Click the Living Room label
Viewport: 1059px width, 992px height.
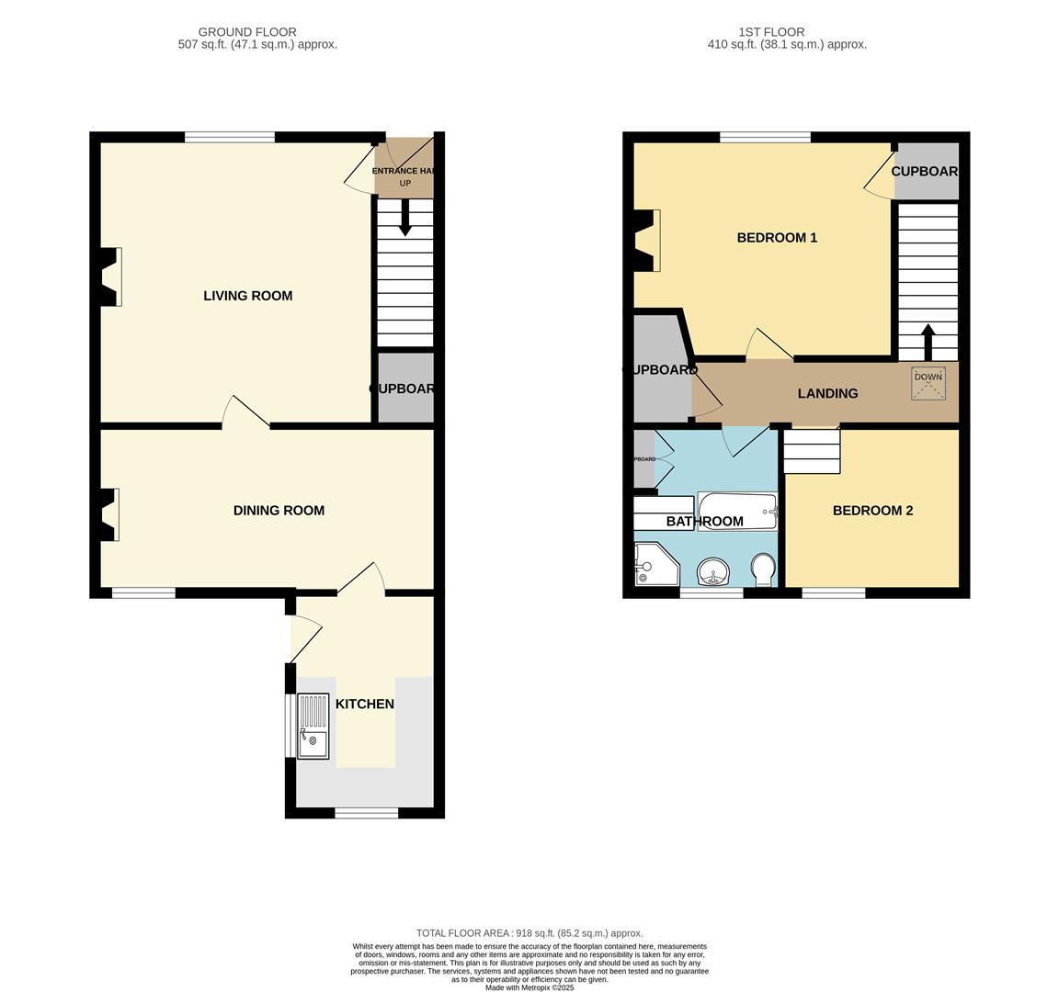pos(247,296)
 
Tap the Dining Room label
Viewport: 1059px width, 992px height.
pos(279,511)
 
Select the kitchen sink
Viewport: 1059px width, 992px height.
pos(313,726)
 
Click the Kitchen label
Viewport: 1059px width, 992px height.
pos(364,705)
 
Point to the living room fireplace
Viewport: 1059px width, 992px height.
pos(108,276)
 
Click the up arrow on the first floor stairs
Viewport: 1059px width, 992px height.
pos(928,342)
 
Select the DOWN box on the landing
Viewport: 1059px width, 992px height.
pos(928,383)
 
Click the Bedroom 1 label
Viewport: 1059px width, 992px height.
pos(777,238)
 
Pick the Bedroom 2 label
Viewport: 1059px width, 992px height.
pos(872,511)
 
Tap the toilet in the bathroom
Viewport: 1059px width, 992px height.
pos(763,569)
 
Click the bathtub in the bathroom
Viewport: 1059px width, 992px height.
pos(737,511)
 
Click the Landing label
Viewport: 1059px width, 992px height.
pos(827,393)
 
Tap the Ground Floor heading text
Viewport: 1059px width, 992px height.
pos(247,32)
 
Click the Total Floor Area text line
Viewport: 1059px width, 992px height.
pos(529,932)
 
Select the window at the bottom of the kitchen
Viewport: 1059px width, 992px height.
pos(366,813)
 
